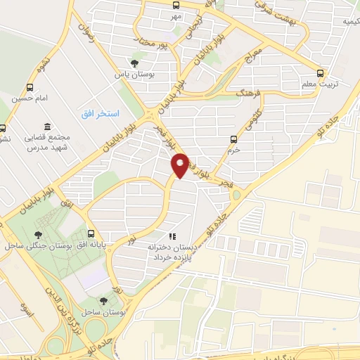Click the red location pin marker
181,165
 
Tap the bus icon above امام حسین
29,87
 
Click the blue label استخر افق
100,113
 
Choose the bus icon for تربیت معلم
321,73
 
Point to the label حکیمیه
347,21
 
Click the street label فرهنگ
250,91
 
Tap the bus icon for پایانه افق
91,233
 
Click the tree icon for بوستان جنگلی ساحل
38,234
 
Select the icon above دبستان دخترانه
172,236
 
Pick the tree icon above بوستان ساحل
103,300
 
